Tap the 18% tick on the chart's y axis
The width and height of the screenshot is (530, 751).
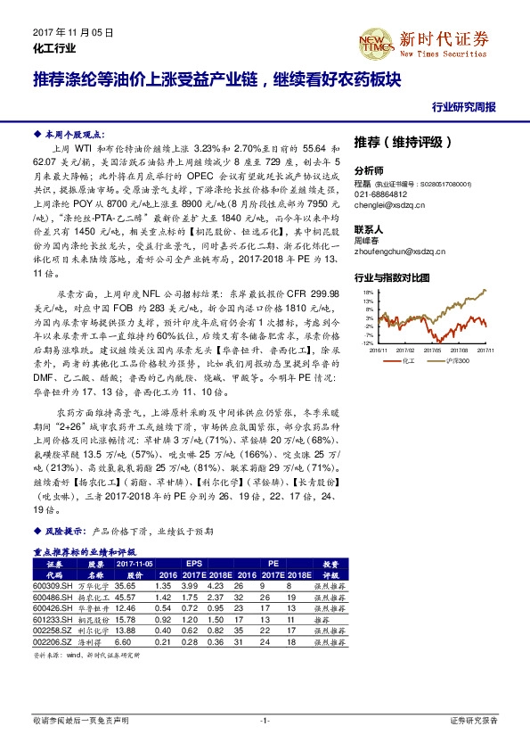[367, 293]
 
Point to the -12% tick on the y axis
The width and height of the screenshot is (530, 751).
[366, 342]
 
